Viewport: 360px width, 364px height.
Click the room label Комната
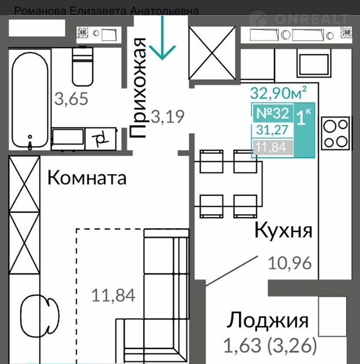tap(87, 178)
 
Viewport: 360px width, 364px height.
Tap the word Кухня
tap(283, 230)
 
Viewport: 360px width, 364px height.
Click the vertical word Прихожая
tap(138, 88)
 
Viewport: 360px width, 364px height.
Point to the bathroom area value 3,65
tap(71, 99)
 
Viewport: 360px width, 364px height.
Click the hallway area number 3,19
tap(167, 116)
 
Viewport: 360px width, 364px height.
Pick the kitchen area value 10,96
tap(290, 263)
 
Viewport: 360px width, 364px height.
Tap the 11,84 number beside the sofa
tap(113, 295)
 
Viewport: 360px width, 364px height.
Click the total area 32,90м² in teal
tap(278, 93)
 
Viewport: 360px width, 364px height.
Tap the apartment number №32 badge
tap(273, 113)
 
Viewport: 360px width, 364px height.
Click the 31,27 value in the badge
tap(272, 130)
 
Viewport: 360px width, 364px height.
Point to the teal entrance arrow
tap(162, 37)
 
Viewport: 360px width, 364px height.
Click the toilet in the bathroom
tap(83, 66)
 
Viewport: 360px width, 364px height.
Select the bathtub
tap(30, 100)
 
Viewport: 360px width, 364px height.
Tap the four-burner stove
tap(336, 133)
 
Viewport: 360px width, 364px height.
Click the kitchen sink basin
tap(313, 65)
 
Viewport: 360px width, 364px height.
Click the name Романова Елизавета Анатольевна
tap(107, 11)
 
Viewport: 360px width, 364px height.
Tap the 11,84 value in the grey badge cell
tap(271, 147)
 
